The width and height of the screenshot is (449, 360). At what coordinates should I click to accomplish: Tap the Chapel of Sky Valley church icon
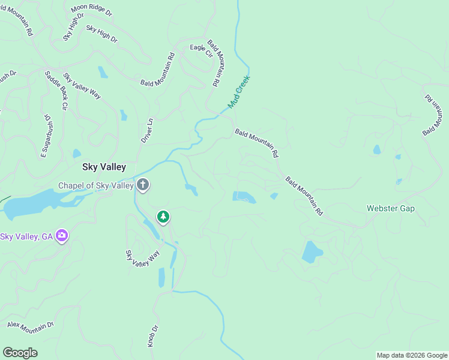(x=143, y=184)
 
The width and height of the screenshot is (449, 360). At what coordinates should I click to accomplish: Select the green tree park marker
(x=163, y=217)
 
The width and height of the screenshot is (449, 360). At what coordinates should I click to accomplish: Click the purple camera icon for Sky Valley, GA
(x=61, y=236)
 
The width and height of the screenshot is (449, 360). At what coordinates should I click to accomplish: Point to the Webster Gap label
(x=391, y=208)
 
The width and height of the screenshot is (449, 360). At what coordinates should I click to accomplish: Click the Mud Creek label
(x=238, y=92)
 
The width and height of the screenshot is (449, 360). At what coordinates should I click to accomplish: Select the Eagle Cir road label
(x=202, y=50)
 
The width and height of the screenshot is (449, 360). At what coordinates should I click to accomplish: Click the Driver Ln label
(x=147, y=130)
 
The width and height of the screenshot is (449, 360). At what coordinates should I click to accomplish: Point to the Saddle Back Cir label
(x=55, y=90)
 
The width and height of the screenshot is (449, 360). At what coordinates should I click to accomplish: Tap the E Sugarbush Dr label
(x=46, y=137)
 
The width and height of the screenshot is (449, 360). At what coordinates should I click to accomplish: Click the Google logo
(x=20, y=353)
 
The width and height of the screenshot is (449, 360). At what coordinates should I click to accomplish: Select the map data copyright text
(x=412, y=355)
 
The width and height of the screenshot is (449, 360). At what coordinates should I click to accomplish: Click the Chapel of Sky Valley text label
(x=95, y=185)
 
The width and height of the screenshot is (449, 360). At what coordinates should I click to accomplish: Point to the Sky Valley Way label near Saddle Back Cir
(x=82, y=86)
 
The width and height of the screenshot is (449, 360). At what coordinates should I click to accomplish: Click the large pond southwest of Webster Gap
(x=312, y=253)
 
